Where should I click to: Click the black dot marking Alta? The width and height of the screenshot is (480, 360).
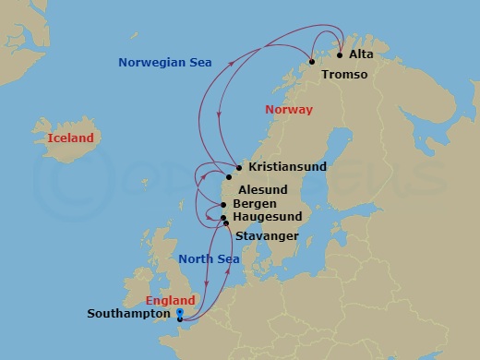point(340,54)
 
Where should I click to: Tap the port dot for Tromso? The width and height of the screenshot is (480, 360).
point(312,62)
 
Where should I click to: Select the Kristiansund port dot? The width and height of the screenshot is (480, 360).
point(239,168)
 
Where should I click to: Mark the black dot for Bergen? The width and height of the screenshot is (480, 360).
point(226,204)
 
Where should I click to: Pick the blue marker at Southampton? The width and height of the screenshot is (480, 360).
point(179,315)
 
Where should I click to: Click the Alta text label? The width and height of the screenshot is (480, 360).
point(361,54)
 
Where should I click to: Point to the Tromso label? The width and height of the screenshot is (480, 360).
point(343,74)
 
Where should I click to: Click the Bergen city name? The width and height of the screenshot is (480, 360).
point(254,203)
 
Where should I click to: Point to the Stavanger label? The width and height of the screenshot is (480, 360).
point(267,237)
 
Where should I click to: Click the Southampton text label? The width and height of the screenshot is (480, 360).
point(129,314)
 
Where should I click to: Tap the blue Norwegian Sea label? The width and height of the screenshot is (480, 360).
point(165,63)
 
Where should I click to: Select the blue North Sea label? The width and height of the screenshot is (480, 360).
point(209,259)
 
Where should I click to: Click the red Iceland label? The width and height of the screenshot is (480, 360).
point(70,138)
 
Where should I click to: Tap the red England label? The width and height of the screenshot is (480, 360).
point(170,301)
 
